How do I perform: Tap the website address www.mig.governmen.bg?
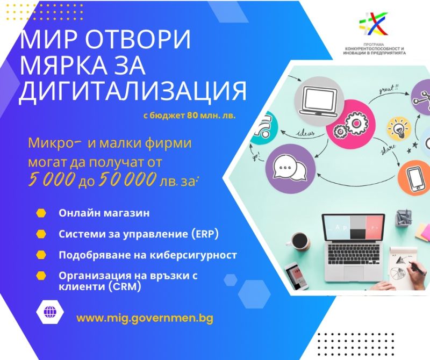[145, 318]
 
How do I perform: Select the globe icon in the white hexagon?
[50, 312]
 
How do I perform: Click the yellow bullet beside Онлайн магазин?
[41, 213]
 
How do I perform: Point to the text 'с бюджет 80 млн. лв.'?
[190, 116]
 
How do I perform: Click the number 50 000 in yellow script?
[127, 179]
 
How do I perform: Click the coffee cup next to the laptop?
[298, 242]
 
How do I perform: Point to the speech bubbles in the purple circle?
[290, 169]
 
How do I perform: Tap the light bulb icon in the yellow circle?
[399, 128]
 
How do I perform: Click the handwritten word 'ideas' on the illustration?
[305, 133]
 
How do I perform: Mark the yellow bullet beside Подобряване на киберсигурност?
[41, 255]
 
